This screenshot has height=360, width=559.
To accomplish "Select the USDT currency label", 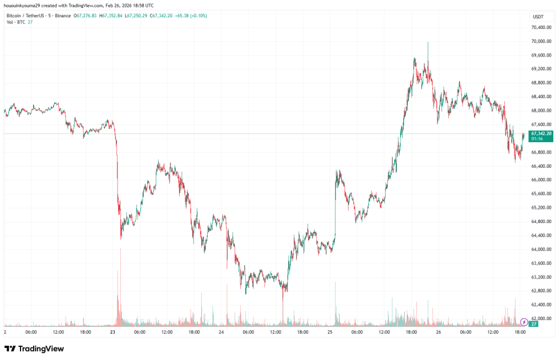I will coord(538,18).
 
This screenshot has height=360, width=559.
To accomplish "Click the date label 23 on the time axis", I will coord(113,331).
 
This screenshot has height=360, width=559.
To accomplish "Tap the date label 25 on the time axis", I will coord(330,331).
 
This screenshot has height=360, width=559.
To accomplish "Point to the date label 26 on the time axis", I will coord(439,331).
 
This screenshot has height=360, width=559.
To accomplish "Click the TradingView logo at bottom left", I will coord(34,349).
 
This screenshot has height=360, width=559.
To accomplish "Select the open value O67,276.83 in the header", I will coord(86,15).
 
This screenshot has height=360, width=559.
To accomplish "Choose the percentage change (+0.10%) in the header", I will coord(197,15).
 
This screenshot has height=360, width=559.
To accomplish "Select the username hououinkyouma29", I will coord(22,5).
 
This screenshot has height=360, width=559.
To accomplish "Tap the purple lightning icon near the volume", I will coord(525,315).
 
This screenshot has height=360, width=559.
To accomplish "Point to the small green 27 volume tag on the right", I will coord(533,323).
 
